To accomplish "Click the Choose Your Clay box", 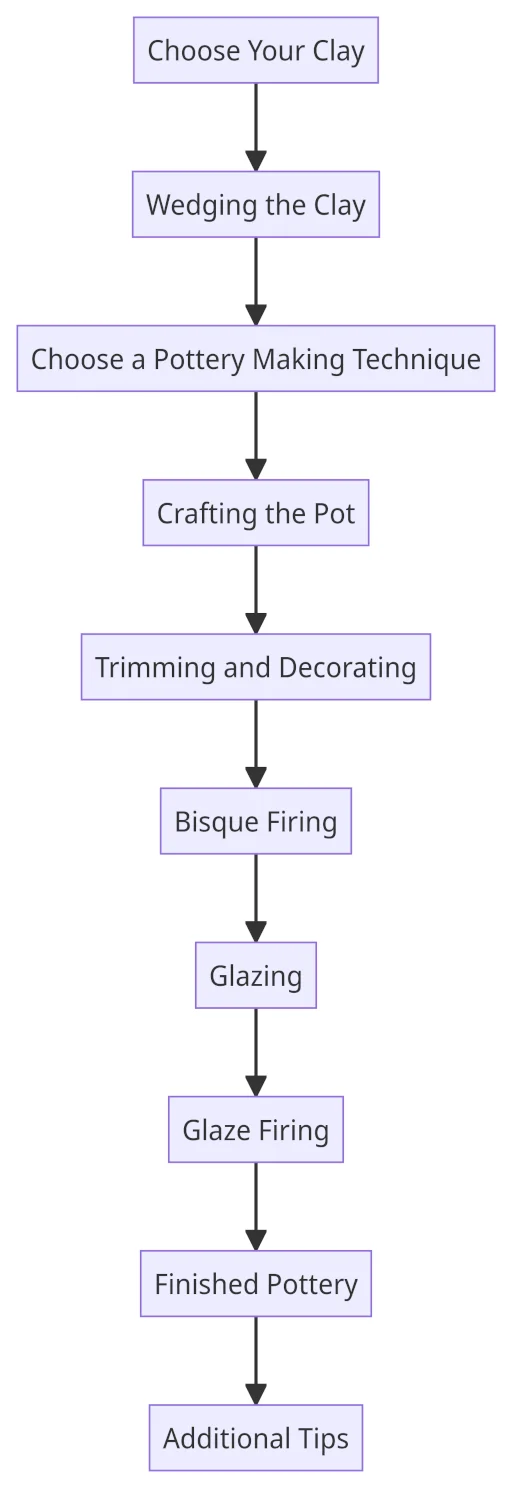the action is tap(256, 50).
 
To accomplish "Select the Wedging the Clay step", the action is tap(256, 204).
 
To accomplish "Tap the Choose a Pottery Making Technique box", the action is tap(256, 359).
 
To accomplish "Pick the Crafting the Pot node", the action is tap(256, 513).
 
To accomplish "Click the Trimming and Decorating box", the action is tap(256, 667).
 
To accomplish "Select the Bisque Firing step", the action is tap(256, 821).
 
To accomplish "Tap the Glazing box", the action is tap(256, 976).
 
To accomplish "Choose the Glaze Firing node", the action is tap(256, 1130).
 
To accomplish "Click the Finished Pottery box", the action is tap(256, 1284).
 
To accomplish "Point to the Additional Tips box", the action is tap(256, 1438).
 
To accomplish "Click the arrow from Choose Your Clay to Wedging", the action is tap(256, 127).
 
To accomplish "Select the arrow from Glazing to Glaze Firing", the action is tap(256, 1052).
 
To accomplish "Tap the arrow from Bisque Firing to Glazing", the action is tap(256, 898).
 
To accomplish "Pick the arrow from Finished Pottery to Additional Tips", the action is tap(256, 1361).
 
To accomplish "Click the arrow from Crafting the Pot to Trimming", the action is tap(256, 589).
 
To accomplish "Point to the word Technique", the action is tap(416, 360).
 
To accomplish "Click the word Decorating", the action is tap(347, 669).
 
